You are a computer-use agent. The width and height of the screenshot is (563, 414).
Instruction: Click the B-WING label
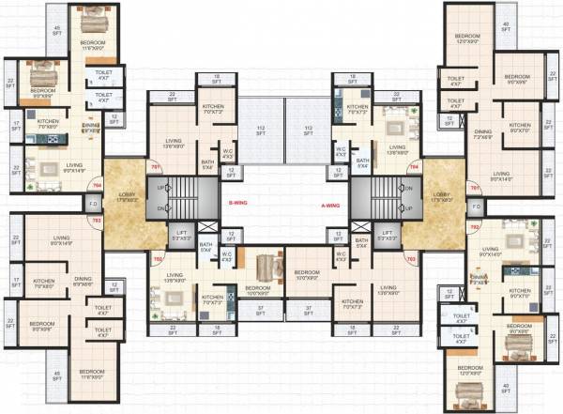238,201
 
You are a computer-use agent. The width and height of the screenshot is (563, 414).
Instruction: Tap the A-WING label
324,201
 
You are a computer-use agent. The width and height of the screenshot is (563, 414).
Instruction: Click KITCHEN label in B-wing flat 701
211,107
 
